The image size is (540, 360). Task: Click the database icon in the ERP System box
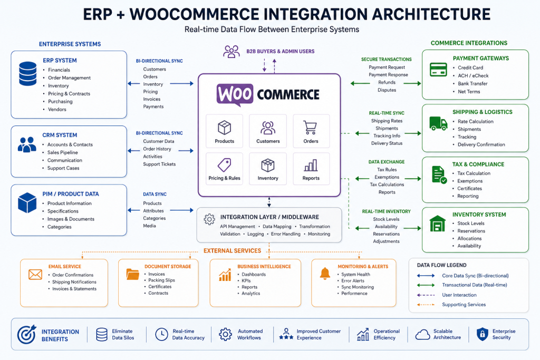click(x=27, y=74)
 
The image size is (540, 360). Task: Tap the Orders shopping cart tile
click(x=311, y=131)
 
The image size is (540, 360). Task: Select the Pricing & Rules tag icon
click(x=224, y=165)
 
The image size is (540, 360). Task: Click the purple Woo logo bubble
click(x=235, y=94)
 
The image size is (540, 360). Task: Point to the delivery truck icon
click(x=438, y=123)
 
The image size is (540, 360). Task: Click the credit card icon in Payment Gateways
click(x=438, y=70)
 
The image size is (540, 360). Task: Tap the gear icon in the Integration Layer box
click(x=209, y=219)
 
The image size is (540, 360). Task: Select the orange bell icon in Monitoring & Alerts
click(x=325, y=274)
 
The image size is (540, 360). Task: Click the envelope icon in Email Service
click(x=35, y=274)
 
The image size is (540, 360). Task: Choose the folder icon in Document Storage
click(x=132, y=274)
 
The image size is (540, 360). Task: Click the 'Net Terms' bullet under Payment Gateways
click(x=469, y=92)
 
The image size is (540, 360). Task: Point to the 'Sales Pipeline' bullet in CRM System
click(x=62, y=152)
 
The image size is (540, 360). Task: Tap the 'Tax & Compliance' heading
click(x=478, y=164)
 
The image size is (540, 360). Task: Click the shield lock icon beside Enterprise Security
click(x=482, y=334)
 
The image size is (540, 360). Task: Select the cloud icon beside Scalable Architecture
click(x=422, y=335)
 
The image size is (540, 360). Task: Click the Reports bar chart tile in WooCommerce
click(x=311, y=169)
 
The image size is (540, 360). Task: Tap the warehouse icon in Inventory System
click(x=437, y=223)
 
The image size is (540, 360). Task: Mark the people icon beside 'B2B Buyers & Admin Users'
click(x=232, y=52)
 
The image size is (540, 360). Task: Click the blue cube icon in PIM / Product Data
click(x=27, y=203)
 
